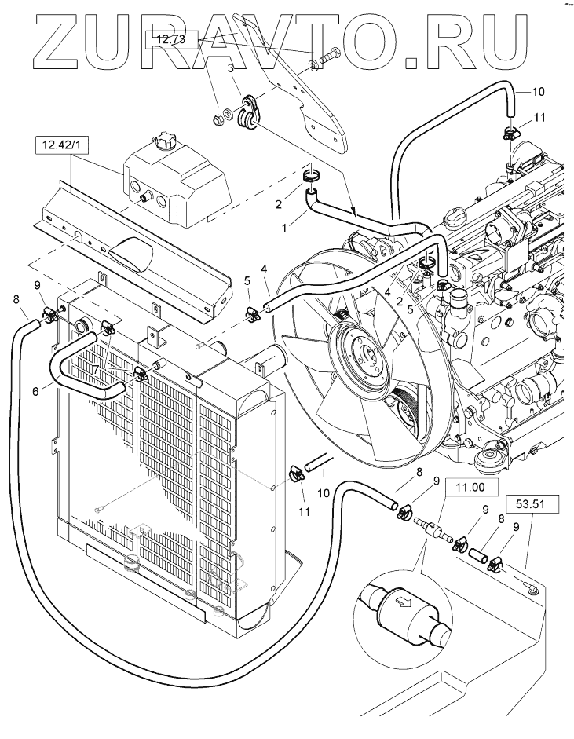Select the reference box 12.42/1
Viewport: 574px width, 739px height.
click(57, 145)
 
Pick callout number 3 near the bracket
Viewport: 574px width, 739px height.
click(231, 69)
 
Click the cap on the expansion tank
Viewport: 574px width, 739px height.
click(167, 143)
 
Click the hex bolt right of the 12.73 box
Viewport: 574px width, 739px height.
click(329, 57)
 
